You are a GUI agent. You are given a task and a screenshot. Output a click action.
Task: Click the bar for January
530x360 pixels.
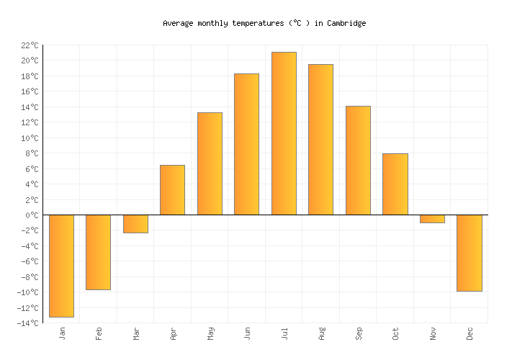click(62, 266)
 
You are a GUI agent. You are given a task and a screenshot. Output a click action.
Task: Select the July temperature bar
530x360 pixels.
click(284, 133)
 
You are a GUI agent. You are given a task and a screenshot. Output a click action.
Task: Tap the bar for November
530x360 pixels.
click(432, 219)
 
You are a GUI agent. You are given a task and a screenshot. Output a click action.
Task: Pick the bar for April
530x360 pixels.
click(172, 190)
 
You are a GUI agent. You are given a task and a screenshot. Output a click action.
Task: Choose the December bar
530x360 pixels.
click(470, 253)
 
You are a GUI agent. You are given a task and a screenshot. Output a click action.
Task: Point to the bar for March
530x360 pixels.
click(135, 224)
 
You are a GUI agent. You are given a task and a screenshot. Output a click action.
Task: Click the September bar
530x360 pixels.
click(358, 161)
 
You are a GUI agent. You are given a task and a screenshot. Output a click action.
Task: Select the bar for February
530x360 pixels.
click(99, 252)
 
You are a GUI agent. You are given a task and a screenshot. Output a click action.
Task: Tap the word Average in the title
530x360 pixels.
click(178, 23)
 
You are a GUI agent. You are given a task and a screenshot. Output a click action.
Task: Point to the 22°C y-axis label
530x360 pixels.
click(30, 45)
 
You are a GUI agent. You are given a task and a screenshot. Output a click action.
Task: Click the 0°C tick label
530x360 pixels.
click(32, 215)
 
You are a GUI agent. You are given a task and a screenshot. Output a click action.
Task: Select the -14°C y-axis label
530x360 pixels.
click(28, 323)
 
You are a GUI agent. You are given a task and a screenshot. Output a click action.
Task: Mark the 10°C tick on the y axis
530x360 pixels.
click(30, 138)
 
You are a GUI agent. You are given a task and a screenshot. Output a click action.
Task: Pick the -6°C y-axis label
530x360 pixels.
click(30, 261)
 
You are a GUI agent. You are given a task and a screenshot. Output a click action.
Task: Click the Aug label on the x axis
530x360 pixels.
click(322, 333)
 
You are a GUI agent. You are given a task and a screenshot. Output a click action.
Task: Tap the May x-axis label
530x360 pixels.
click(210, 333)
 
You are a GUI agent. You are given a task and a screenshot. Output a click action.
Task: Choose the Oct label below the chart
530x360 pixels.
click(396, 333)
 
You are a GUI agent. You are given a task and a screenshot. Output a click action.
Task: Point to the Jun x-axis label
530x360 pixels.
click(248, 333)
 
